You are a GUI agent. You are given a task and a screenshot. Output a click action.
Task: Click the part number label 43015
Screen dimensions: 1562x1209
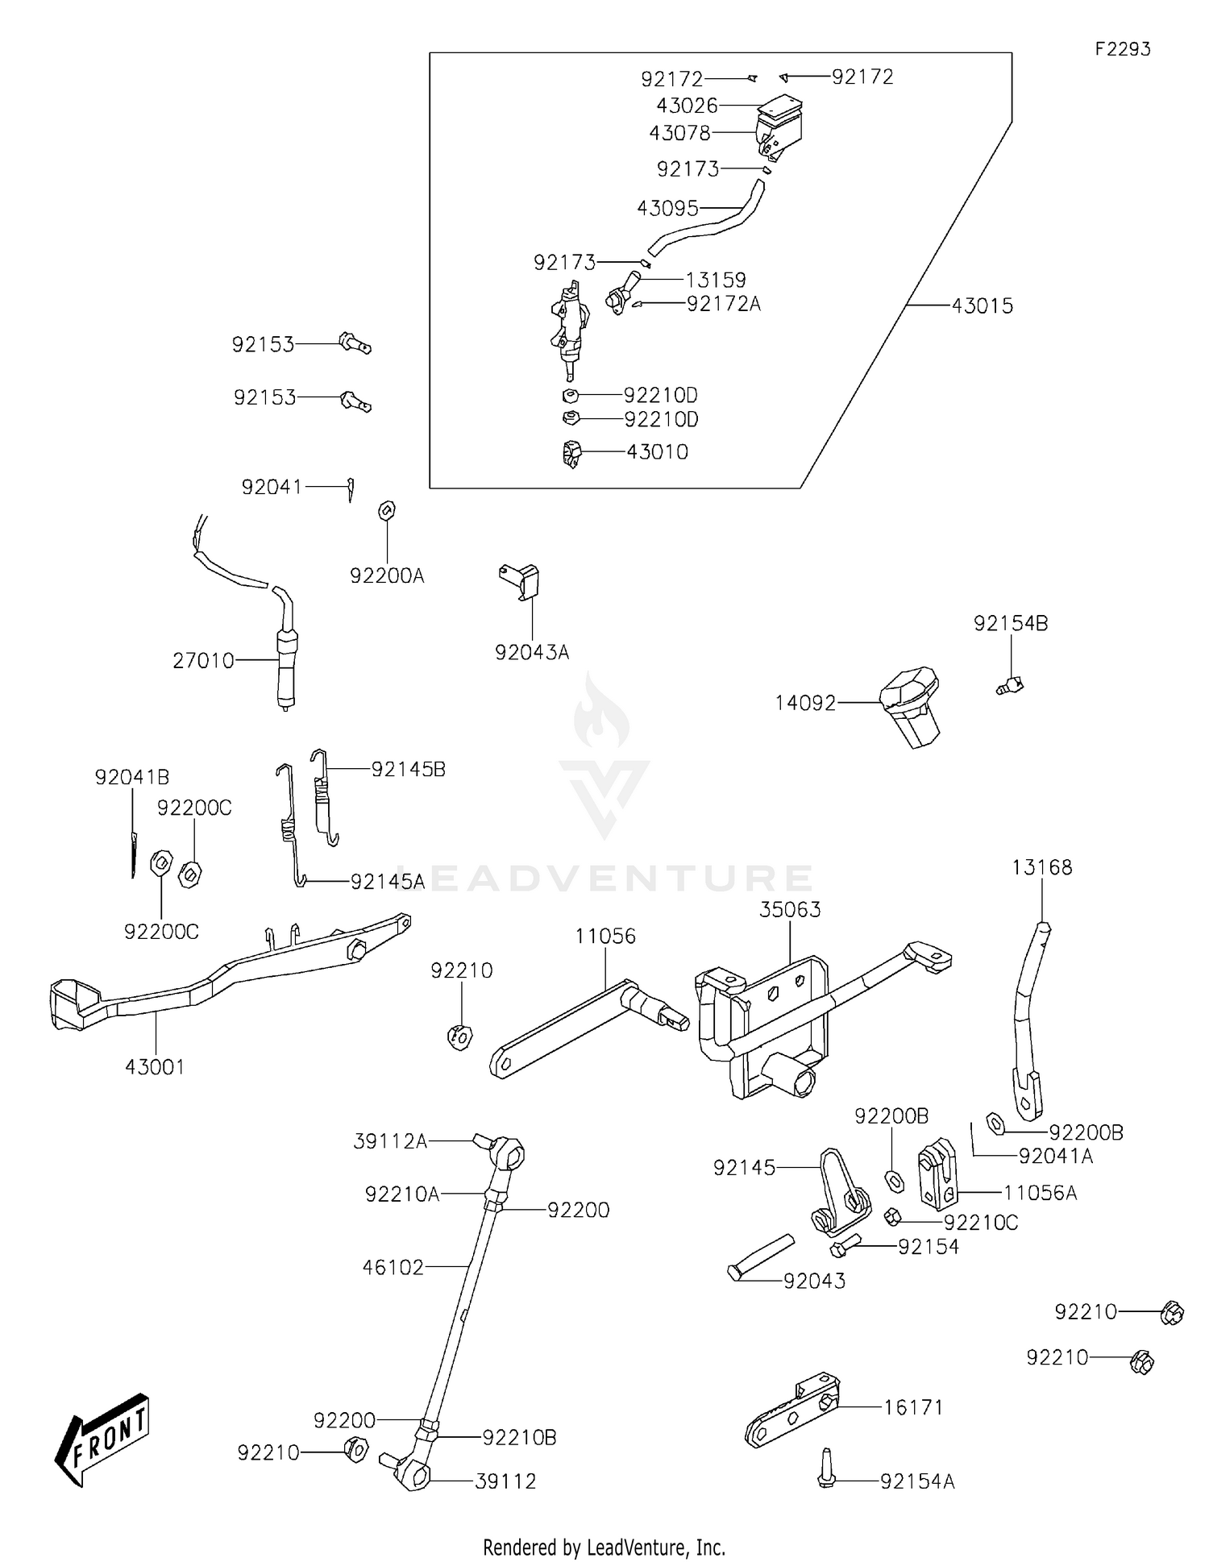coord(982,306)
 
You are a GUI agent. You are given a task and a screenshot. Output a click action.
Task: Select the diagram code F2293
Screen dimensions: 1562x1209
coord(1122,49)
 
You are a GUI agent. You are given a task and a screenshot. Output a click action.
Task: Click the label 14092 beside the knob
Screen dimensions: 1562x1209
coord(805,704)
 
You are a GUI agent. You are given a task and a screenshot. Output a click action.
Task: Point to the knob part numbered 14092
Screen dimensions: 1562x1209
coord(911,705)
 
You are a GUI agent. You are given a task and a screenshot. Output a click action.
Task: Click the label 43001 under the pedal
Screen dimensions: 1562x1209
coord(155,1067)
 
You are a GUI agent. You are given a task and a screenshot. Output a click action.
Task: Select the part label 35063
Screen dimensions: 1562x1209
coord(790,910)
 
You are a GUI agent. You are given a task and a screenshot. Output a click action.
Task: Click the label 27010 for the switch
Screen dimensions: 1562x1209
coord(203,661)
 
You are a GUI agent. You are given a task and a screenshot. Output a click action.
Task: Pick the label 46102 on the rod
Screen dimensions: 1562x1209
coord(393,1268)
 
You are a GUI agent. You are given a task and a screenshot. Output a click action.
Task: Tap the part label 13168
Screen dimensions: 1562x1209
coord(1042,868)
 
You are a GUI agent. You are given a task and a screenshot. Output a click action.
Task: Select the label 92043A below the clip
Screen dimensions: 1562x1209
coord(532,653)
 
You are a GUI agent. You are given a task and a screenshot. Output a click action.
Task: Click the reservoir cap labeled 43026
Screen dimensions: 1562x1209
coord(780,105)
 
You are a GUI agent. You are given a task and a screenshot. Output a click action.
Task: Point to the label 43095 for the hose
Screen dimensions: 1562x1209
coord(667,209)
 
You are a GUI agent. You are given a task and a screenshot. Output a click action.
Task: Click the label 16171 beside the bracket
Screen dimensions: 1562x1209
coord(913,1407)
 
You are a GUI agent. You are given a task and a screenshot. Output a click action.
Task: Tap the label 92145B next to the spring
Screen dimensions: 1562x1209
coord(408,770)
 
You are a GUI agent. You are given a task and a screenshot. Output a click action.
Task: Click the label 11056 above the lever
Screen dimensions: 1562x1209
coord(605,937)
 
